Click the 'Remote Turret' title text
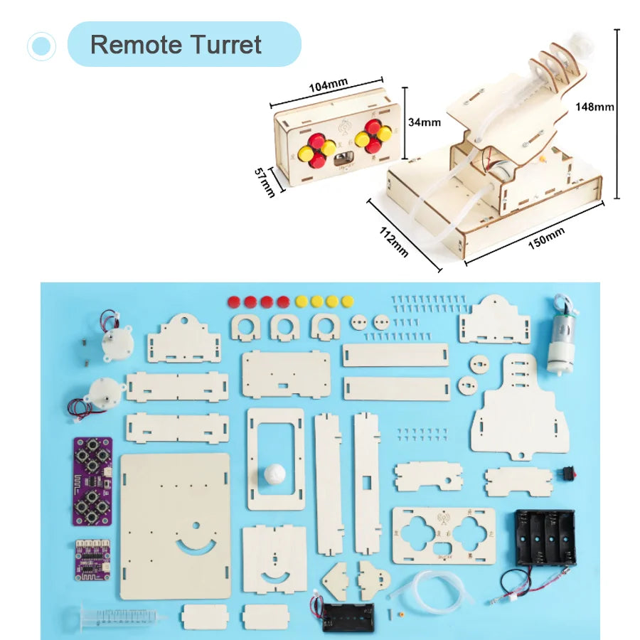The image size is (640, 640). pyautogui.click(x=176, y=45)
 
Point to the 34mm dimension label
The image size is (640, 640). pyautogui.click(x=425, y=122)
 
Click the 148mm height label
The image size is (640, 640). pyautogui.click(x=594, y=107)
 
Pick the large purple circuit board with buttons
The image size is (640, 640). pyautogui.click(x=92, y=481)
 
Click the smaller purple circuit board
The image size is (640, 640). pyautogui.click(x=93, y=559)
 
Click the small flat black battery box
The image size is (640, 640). pyautogui.click(x=348, y=617)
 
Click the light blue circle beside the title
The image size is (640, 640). pyautogui.click(x=41, y=46)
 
